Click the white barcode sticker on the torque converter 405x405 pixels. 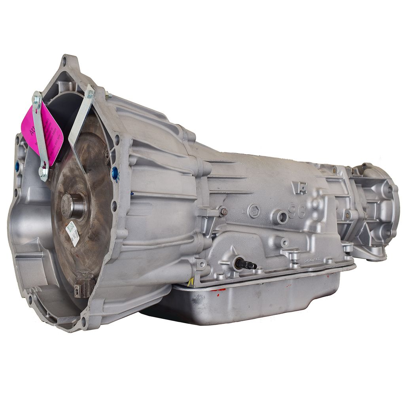click(x=72, y=233)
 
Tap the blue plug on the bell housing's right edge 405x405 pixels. click(x=115, y=173)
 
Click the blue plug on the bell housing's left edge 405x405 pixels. click(x=17, y=167)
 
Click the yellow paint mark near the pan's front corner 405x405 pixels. click(x=191, y=282)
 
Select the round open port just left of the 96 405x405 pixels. click(x=282, y=216)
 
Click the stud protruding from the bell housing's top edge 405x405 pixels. click(x=108, y=95)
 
